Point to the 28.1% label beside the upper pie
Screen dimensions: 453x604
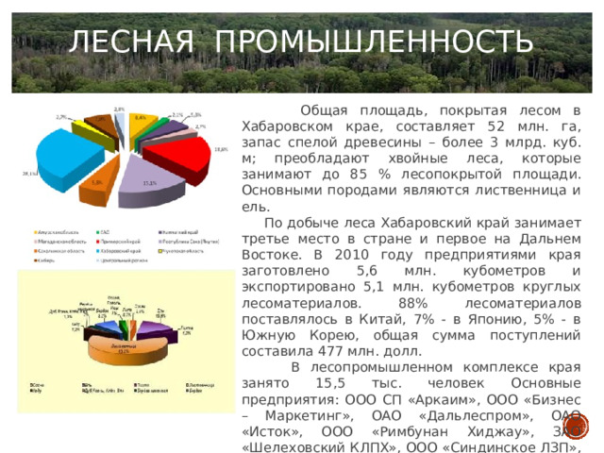(29, 174)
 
